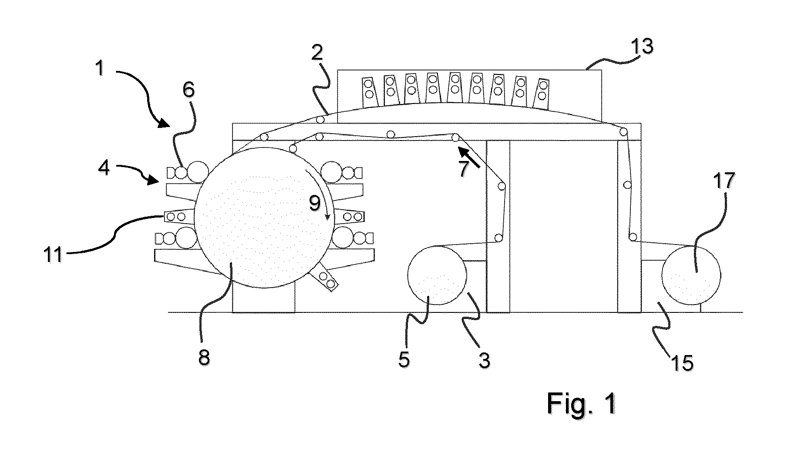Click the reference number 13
[x=642, y=47]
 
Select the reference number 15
[x=681, y=362]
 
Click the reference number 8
[x=204, y=358]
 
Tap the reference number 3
[x=484, y=360]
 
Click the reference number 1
[x=101, y=68]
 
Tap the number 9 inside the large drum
[x=314, y=203]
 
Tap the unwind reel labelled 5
[x=437, y=275]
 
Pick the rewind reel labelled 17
[x=691, y=275]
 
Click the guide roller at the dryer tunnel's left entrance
[x=321, y=120]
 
